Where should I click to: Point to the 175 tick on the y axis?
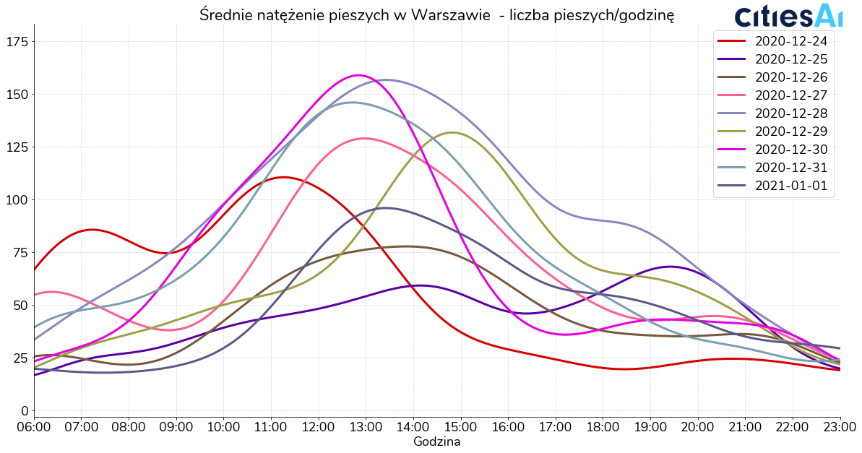(x=17, y=42)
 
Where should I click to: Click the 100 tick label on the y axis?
(x=17, y=200)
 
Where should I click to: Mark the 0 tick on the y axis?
(x=24, y=411)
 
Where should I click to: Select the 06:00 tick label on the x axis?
(x=34, y=427)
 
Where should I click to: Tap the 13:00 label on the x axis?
(x=366, y=427)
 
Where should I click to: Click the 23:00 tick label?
(x=840, y=427)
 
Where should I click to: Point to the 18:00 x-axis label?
(x=603, y=427)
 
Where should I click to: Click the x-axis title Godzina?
(x=436, y=441)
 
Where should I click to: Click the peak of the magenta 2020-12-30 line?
(x=358, y=75)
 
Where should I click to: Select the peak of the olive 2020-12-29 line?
(x=452, y=132)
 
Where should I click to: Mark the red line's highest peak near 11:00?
(x=283, y=177)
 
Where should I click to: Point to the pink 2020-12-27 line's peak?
(x=363, y=138)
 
